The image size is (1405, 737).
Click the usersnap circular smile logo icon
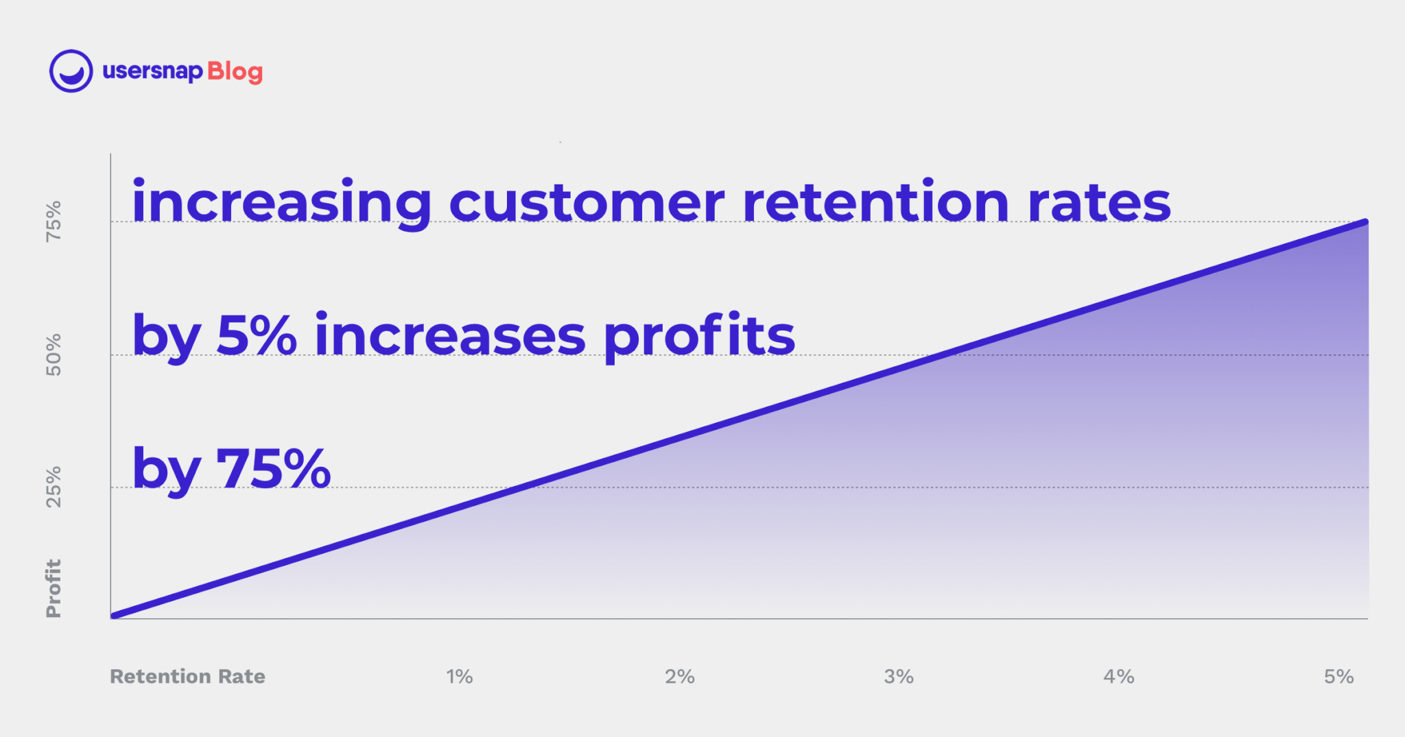tap(71, 71)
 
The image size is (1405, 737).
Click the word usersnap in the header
tap(152, 71)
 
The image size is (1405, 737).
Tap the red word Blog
tap(235, 72)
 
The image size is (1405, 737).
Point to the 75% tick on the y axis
tap(54, 221)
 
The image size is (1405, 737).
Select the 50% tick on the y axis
tap(54, 354)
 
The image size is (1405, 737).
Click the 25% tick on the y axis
tap(54, 487)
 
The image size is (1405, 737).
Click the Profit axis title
tap(54, 588)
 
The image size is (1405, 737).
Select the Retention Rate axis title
tap(187, 677)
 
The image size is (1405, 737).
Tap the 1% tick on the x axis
tap(459, 677)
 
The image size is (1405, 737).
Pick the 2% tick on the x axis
tap(679, 677)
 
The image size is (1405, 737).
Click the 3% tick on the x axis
tap(899, 677)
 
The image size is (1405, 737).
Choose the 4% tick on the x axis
tap(1118, 677)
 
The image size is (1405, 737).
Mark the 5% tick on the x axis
tap(1338, 677)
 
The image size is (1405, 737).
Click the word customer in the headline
tap(587, 204)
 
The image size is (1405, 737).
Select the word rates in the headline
tap(1099, 204)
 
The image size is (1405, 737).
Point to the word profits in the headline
tap(699, 336)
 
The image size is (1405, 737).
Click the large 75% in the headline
tap(274, 468)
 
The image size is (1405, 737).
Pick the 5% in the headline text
tap(257, 335)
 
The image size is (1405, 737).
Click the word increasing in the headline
tap(281, 204)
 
